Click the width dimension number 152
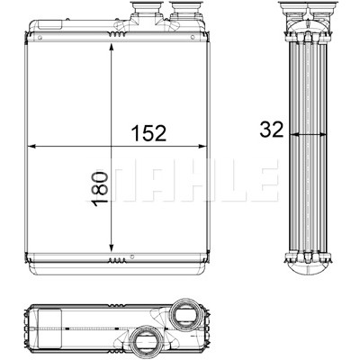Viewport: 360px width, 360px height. tap(148, 133)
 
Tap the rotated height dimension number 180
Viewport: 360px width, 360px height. tap(100, 189)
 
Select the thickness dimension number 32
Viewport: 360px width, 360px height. tap(272, 130)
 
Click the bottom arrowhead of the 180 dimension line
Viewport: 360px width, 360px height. tap(112, 247)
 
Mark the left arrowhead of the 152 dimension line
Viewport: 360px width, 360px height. tap(32, 147)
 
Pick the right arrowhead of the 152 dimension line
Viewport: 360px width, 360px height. tap(202, 147)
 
